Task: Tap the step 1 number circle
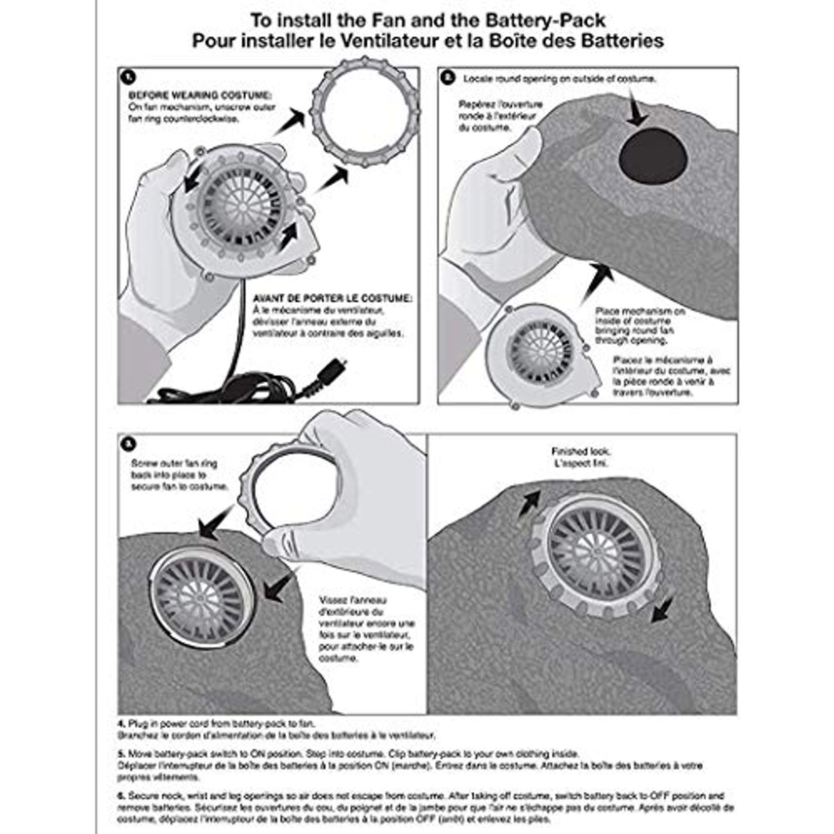coord(128,78)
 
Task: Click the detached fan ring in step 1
coord(365,112)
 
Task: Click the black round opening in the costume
coord(652,156)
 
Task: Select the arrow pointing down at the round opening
coord(636,108)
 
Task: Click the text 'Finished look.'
coord(580,452)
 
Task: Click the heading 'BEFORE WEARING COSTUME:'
coord(200,95)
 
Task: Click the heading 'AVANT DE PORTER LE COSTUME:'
coord(332,298)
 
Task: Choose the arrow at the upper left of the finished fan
coord(530,502)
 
